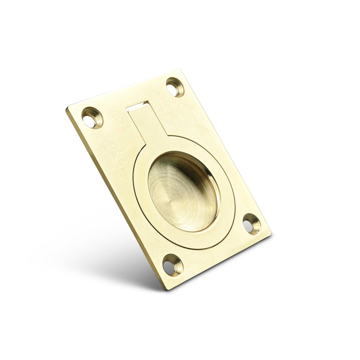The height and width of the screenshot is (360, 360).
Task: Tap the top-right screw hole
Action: [175, 87]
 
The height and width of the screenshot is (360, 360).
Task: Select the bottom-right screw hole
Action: [251, 224]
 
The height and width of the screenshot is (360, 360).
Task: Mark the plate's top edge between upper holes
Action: [127, 91]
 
